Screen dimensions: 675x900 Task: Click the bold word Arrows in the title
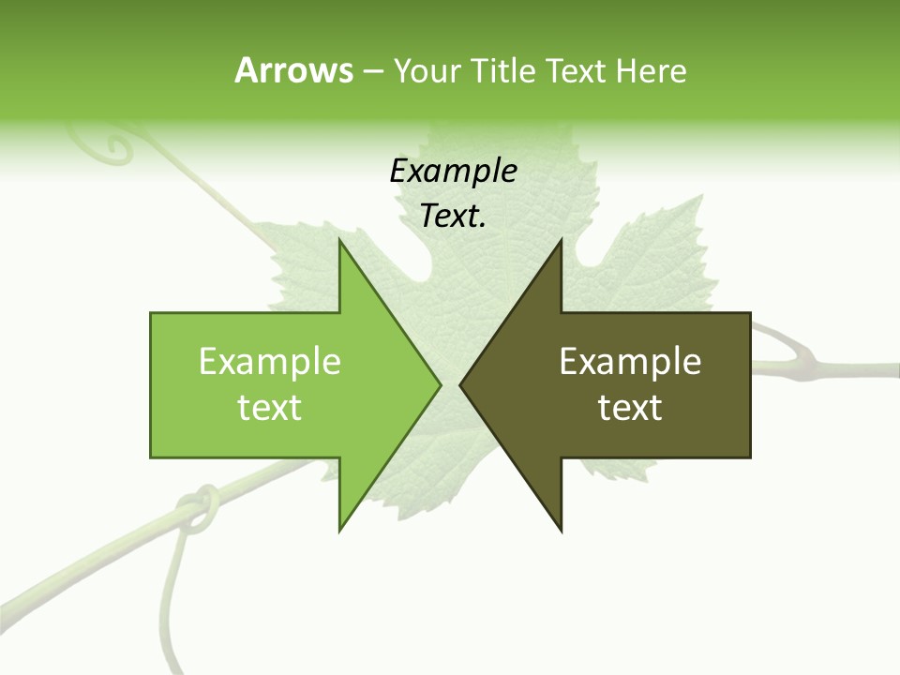293,70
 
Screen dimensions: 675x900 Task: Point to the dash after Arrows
372,72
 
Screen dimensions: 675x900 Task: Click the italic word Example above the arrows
453,171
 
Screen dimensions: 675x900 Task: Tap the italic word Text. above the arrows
453,217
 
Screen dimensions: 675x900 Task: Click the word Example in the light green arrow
270,361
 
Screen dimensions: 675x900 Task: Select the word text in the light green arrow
270,408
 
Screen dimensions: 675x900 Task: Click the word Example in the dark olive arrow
630,361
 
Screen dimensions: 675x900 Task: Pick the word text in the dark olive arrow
630,408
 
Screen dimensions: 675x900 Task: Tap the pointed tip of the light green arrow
441,384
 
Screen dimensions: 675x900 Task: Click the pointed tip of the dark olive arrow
460,384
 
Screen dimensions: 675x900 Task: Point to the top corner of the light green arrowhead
340,240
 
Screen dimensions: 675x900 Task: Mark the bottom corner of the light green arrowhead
340,531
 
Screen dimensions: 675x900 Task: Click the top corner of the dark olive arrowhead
561,240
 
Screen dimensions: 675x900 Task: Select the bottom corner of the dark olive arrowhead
561,531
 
